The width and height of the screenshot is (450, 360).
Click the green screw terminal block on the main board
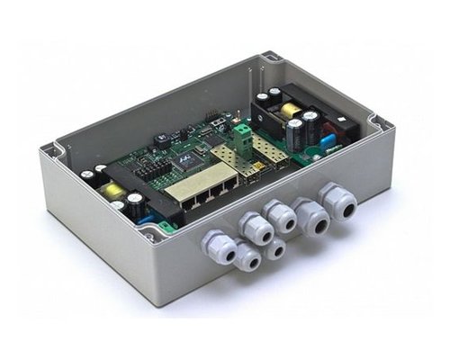point(240,135)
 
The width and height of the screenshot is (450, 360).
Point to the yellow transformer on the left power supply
point(114,191)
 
